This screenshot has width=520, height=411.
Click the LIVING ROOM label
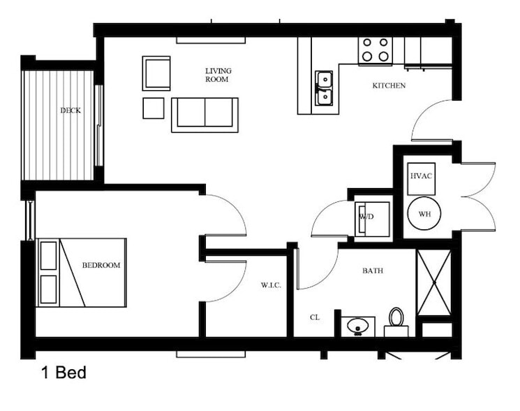(218, 75)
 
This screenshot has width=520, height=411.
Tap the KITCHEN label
(389, 86)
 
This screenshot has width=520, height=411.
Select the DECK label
(70, 110)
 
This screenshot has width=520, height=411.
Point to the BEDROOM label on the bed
(101, 266)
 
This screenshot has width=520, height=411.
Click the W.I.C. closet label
(271, 284)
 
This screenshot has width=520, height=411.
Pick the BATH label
(372, 271)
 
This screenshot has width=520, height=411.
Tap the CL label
(315, 317)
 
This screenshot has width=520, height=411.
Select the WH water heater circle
(424, 214)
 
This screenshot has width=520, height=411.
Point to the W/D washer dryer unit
(368, 217)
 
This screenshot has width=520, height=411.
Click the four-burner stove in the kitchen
(376, 50)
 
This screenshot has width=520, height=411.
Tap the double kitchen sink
(323, 87)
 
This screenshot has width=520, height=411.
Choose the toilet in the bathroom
(396, 320)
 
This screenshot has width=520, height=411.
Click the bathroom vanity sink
(359, 326)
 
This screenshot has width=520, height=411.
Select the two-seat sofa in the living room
(205, 115)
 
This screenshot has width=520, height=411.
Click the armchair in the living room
(156, 73)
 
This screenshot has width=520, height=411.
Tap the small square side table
(153, 108)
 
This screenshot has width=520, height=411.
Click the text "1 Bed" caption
(63, 373)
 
